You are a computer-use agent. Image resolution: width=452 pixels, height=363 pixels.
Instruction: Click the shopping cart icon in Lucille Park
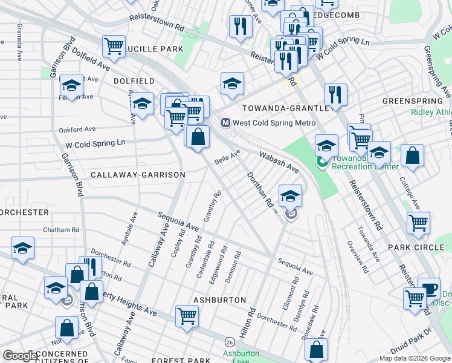(x=114, y=45)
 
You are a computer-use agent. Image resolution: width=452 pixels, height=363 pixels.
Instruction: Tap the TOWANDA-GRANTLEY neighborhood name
(x=288, y=108)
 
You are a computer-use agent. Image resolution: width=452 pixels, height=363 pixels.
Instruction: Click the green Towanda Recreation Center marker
(x=322, y=162)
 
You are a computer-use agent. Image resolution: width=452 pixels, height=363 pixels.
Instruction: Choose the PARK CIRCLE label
(x=416, y=247)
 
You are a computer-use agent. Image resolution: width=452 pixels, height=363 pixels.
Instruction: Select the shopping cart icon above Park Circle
(x=418, y=223)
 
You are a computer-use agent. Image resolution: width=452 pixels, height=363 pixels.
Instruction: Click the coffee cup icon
(x=429, y=289)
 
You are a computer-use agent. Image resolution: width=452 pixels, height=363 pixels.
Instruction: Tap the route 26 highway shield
(x=230, y=342)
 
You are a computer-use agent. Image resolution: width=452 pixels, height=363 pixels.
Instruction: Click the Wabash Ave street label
(x=279, y=161)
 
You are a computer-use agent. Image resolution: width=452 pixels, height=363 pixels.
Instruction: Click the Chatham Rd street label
(x=61, y=230)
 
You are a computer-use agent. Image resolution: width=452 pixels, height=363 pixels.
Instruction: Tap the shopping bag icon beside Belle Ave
(x=198, y=136)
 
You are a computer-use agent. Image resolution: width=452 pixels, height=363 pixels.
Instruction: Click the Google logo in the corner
(x=20, y=356)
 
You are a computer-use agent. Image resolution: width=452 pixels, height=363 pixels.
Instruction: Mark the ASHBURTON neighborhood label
(x=219, y=300)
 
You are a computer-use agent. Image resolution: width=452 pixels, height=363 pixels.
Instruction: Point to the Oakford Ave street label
(x=77, y=129)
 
